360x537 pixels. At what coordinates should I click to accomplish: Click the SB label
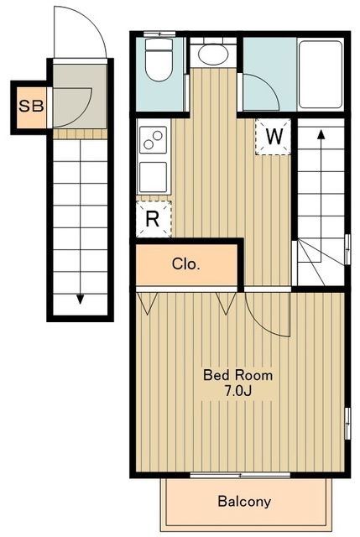pyautogui.click(x=31, y=107)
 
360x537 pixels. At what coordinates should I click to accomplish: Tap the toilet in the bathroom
pyautogui.click(x=159, y=60)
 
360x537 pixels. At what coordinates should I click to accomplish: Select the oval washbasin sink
pyautogui.click(x=213, y=55)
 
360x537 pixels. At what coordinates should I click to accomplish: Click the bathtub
pyautogui.click(x=321, y=75)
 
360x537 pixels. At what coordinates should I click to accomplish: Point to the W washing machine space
pyautogui.click(x=273, y=137)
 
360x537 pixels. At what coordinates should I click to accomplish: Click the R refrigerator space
pyautogui.click(x=154, y=219)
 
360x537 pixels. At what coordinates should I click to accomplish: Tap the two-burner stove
pyautogui.click(x=153, y=140)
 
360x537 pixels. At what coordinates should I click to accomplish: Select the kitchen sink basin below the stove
pyautogui.click(x=153, y=176)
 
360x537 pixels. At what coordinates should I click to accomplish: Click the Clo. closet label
pyautogui.click(x=186, y=264)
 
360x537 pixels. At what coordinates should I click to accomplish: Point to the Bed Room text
pyautogui.click(x=238, y=375)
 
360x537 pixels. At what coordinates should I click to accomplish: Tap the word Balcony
pyautogui.click(x=244, y=502)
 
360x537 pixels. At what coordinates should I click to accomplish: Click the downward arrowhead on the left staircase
pyautogui.click(x=81, y=300)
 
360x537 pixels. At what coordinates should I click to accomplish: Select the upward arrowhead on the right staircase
pyautogui.click(x=321, y=134)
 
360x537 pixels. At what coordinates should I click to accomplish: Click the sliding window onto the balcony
pyautogui.click(x=241, y=475)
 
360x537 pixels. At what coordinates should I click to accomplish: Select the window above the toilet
pyautogui.click(x=159, y=34)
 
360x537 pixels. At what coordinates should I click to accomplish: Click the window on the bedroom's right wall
pyautogui.click(x=347, y=424)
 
